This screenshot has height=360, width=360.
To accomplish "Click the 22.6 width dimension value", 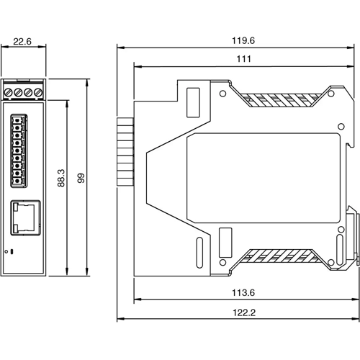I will point(24,42).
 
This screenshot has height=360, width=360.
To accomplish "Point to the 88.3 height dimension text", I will point(60,179).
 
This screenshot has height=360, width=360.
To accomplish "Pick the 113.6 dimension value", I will point(242,293).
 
